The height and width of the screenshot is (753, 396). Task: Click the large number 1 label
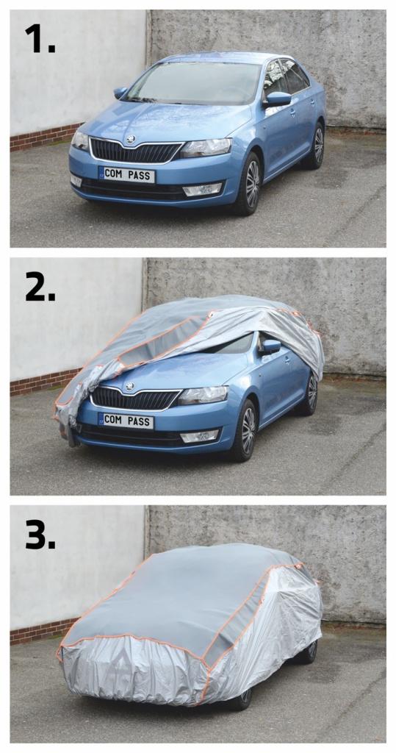[40, 38]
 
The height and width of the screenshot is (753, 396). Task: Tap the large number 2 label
[40, 288]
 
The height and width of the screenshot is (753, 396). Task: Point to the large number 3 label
[40, 535]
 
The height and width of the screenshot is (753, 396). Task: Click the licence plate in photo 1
[126, 174]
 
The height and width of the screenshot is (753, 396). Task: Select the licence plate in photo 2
[126, 421]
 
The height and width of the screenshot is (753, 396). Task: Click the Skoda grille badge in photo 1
[130, 140]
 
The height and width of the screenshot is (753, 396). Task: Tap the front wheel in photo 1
[250, 184]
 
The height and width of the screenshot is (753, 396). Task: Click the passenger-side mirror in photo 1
[278, 99]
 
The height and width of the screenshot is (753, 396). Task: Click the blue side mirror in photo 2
[270, 347]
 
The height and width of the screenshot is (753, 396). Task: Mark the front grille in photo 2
[134, 398]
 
